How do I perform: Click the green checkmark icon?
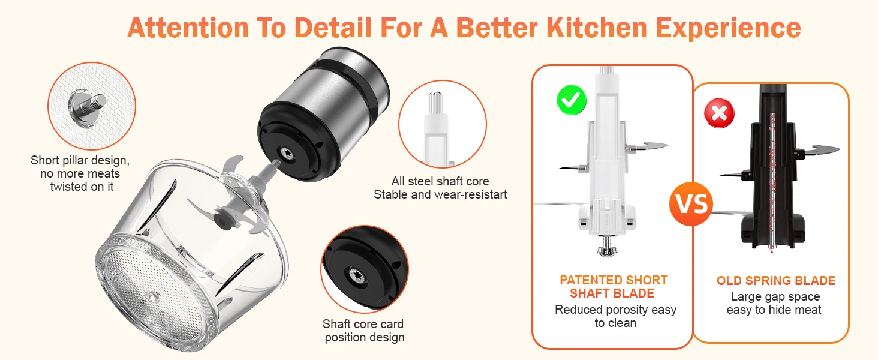coord(571,100)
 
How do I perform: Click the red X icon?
coord(720,113)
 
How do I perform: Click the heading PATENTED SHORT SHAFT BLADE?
coord(613,287)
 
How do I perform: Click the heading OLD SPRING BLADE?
coord(775,281)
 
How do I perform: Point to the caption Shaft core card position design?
coord(364,331)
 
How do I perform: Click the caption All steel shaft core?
coord(440,181)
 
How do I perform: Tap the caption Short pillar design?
coord(80,161)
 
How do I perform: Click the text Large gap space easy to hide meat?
coord(774,303)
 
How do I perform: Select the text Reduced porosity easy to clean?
coord(615,316)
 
